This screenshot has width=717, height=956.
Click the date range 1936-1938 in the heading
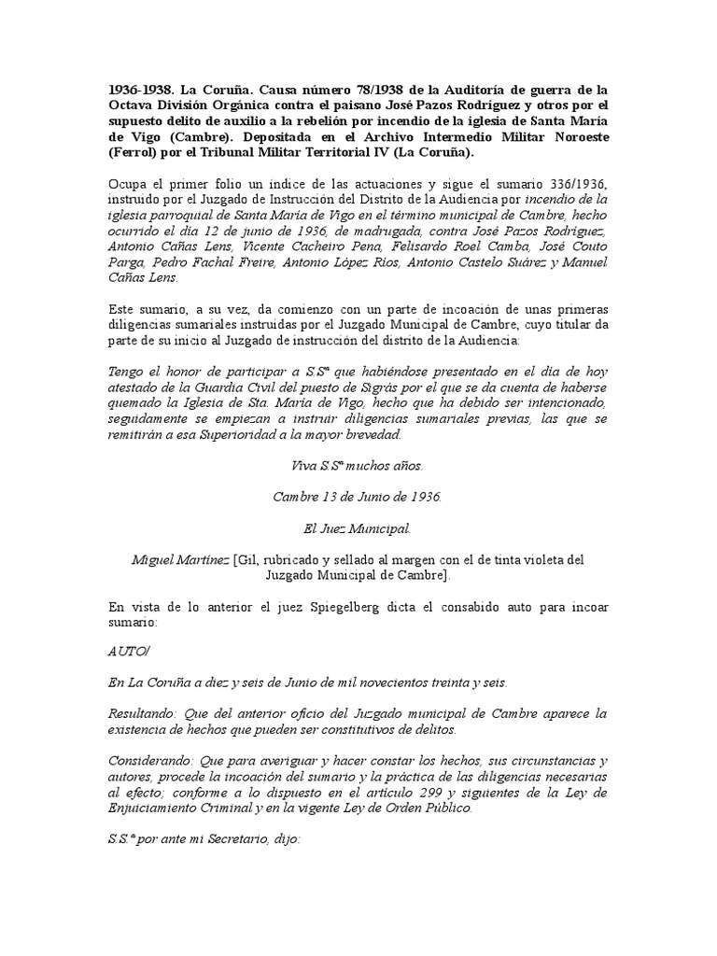140,90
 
